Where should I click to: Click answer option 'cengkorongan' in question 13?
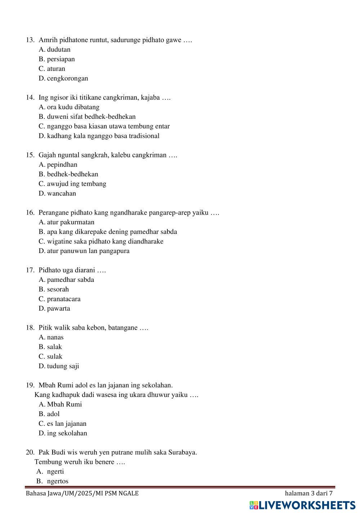coord(67,78)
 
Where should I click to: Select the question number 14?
coord(30,98)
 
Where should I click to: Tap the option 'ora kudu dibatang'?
coord(73,107)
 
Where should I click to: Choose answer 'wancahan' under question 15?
coord(62,194)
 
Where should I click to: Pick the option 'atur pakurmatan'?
coord(71,222)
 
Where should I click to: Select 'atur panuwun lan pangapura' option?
coord(88,251)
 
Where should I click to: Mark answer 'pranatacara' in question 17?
coord(64,299)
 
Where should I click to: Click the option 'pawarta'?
coord(59,309)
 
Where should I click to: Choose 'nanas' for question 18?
coord(55,338)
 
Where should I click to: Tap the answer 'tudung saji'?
coord(63,366)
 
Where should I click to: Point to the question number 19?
coord(30,385)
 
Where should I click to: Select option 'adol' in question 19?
coord(53,414)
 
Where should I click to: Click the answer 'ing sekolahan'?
coord(67,433)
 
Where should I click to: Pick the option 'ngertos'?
coord(58,481)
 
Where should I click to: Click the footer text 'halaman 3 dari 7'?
coord(309,493)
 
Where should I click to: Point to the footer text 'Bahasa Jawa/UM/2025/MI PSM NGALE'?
coord(82,493)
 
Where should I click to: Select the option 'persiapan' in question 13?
coord(61,59)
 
